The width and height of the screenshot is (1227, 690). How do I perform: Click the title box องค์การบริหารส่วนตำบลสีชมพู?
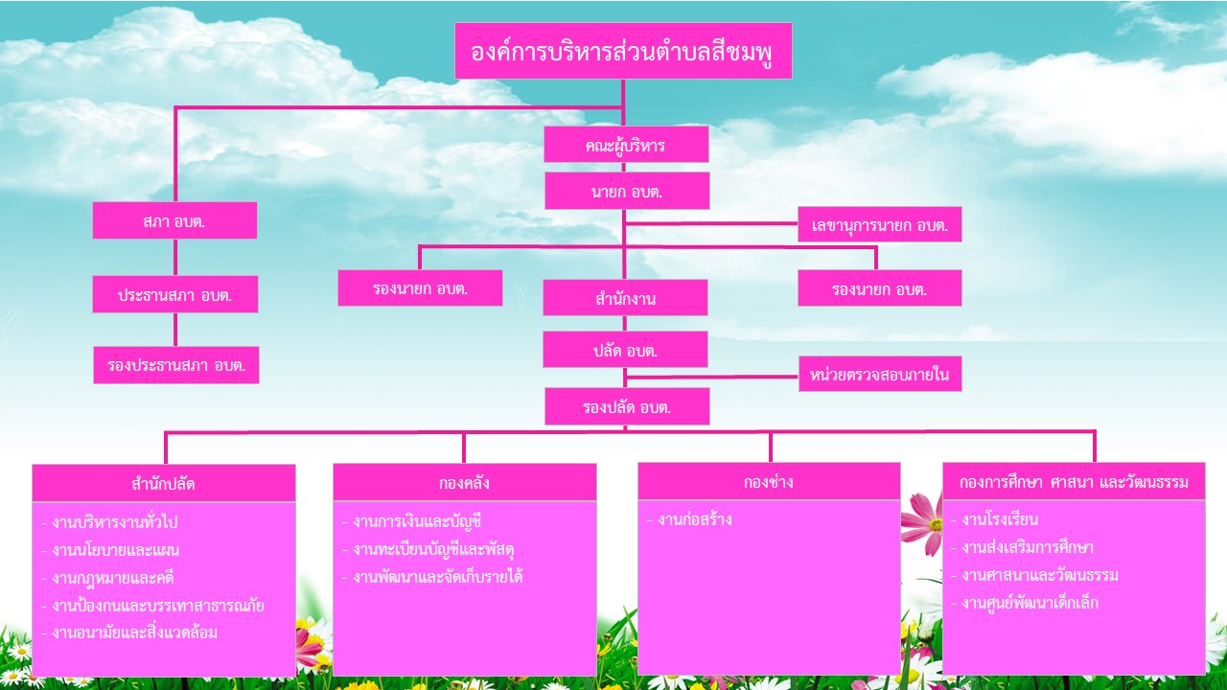[x=623, y=51]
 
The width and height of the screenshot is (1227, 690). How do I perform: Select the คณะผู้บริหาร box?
[x=626, y=145]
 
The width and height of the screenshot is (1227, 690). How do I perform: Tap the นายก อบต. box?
[x=627, y=191]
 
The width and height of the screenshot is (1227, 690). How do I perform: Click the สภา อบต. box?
[x=174, y=220]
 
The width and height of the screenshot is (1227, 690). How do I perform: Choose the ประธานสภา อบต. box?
[x=175, y=294]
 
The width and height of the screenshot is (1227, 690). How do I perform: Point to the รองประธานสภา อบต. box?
[x=176, y=365]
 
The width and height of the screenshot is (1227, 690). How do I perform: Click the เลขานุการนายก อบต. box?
[x=879, y=225]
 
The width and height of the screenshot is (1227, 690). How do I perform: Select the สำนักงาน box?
[x=625, y=298]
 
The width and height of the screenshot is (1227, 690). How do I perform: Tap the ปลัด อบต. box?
[x=625, y=350]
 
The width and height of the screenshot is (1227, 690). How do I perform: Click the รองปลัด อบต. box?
[x=627, y=406]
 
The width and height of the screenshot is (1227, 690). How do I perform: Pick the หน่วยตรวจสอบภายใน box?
[x=880, y=374]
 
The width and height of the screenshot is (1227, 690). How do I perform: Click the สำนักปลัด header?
[x=164, y=482]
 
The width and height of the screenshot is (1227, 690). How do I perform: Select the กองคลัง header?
[x=464, y=482]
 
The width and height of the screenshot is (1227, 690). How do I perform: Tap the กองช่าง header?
[x=769, y=481]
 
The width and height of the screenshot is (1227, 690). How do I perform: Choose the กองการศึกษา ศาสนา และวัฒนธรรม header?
[x=1074, y=481]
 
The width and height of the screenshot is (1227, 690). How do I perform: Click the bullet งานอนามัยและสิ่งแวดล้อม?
[x=129, y=632]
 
